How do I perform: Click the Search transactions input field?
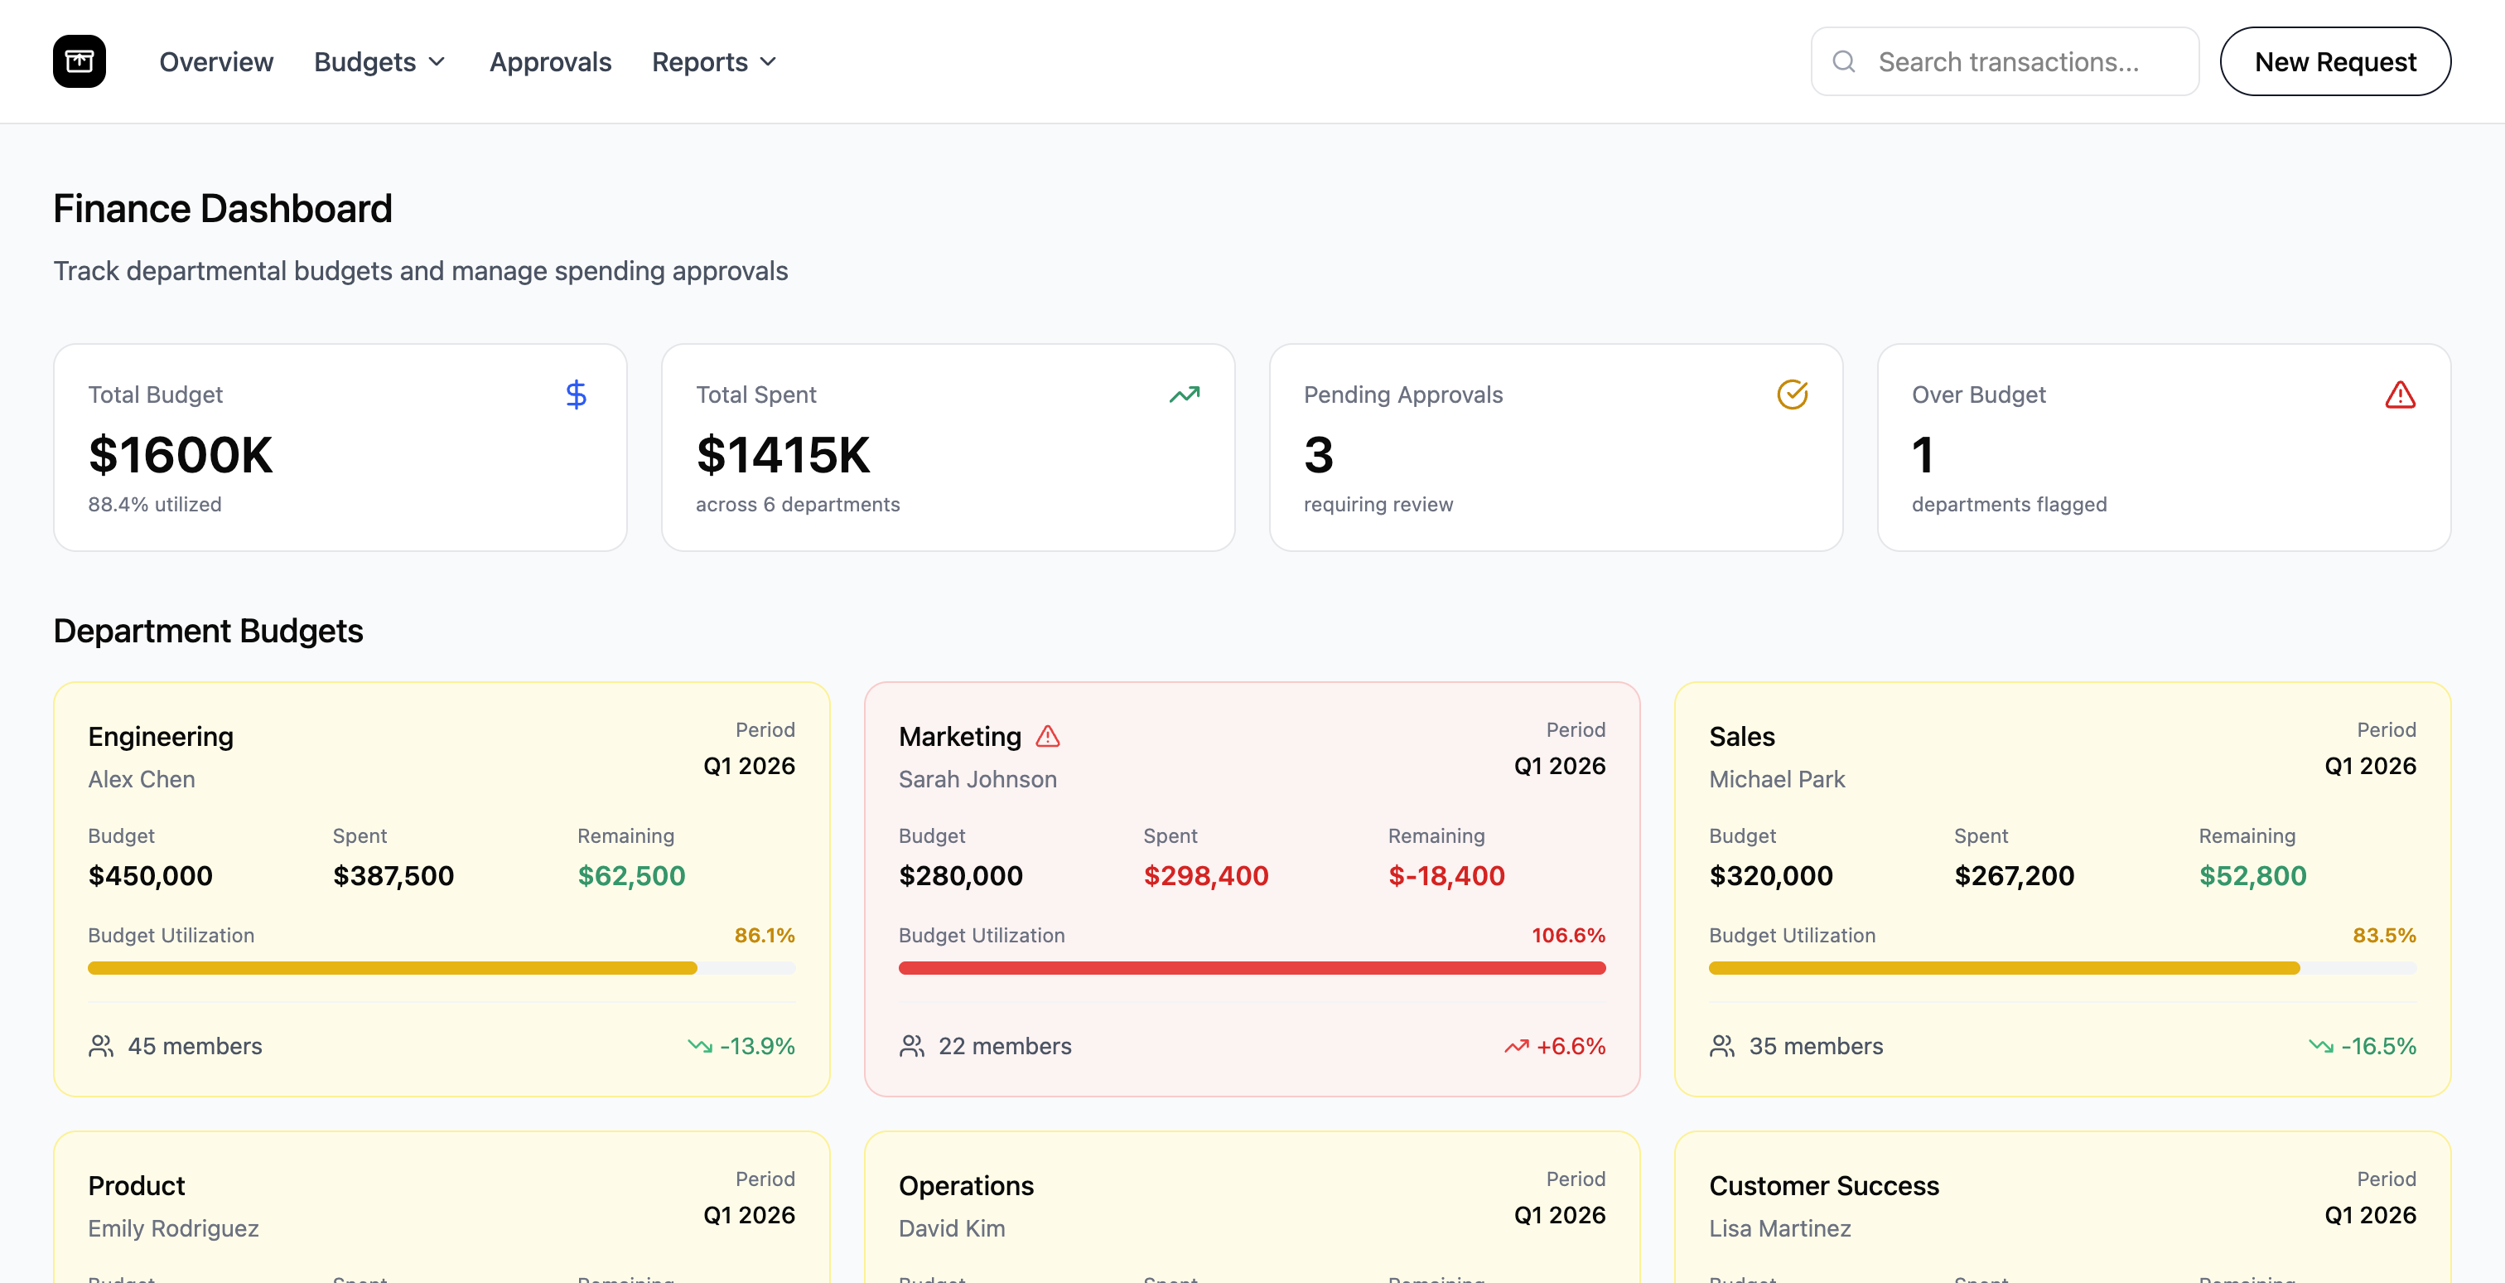click(x=2007, y=61)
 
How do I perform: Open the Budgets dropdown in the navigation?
click(x=379, y=61)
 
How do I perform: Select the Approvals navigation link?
click(x=549, y=61)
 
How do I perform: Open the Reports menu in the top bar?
click(x=714, y=61)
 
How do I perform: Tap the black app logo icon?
click(x=80, y=61)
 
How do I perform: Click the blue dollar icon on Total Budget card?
click(x=576, y=394)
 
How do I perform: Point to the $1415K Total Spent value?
click(x=783, y=454)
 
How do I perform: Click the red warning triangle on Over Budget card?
click(x=2399, y=394)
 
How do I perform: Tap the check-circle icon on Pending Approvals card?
click(x=1791, y=394)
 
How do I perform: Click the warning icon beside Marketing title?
click(x=1047, y=736)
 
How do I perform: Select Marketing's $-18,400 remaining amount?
click(x=1446, y=875)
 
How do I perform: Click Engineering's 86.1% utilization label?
click(x=765, y=935)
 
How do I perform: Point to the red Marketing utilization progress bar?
click(x=1252, y=968)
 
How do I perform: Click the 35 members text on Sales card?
click(x=1816, y=1046)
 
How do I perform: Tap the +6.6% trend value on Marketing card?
click(x=1570, y=1046)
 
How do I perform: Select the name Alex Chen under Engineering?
click(x=141, y=779)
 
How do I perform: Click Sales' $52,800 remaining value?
click(x=2252, y=875)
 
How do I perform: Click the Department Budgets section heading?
click(x=208, y=631)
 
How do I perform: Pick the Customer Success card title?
click(x=1823, y=1186)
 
